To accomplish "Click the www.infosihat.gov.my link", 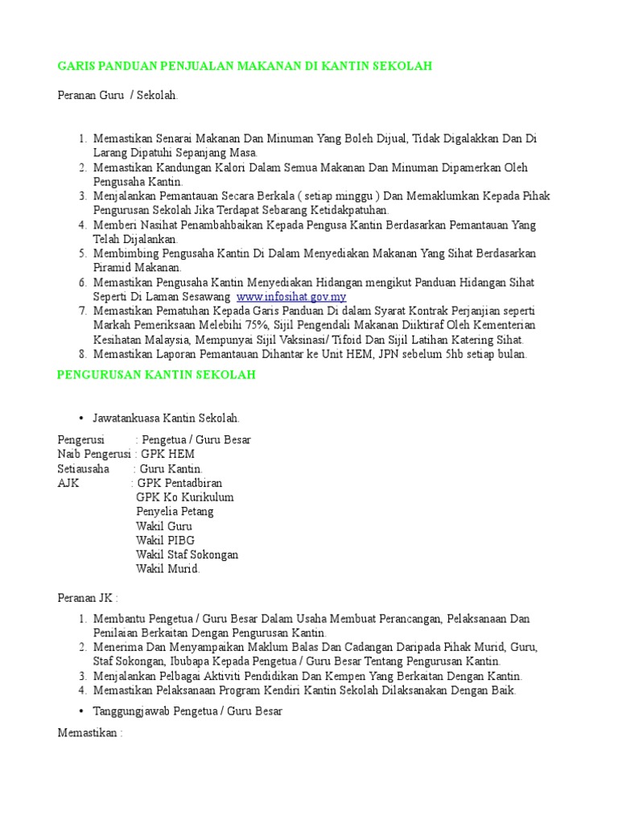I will [x=291, y=297].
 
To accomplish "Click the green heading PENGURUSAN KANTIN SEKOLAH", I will [x=156, y=375].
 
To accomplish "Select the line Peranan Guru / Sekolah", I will [x=117, y=96].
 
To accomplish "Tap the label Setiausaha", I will [x=84, y=468].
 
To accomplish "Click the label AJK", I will [x=68, y=483].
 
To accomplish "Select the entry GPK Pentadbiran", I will [x=179, y=483].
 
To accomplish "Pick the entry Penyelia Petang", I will [x=175, y=512].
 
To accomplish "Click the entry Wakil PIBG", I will [x=165, y=540].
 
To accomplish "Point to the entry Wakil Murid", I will [x=167, y=569].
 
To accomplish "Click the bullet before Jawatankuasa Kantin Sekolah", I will [x=82, y=418].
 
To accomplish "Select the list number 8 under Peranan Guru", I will [x=82, y=354].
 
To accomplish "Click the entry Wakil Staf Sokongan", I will [x=187, y=554].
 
